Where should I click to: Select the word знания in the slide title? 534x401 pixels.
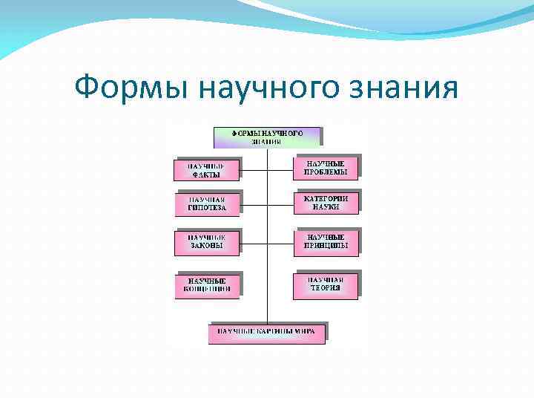406,88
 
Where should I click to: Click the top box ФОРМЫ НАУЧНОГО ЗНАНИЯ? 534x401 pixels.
267,137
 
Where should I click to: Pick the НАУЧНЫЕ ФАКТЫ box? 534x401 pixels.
207,170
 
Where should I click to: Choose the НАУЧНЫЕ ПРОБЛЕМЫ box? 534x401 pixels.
326,168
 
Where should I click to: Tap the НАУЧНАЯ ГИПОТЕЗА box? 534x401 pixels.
208,204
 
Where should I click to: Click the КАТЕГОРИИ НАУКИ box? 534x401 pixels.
326,202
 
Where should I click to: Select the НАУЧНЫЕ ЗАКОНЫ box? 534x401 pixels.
208,242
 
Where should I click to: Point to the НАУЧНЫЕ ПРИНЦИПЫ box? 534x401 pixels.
326,241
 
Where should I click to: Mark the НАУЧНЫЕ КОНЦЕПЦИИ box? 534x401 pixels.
208,285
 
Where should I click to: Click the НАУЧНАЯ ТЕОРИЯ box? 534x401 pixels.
326,284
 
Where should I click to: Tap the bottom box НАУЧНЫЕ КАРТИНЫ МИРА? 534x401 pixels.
266,332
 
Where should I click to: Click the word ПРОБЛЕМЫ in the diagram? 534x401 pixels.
326,172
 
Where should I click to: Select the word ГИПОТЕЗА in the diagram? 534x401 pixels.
208,209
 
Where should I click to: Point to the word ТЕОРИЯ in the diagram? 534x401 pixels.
326,288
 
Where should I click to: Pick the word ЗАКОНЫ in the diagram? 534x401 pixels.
208,246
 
